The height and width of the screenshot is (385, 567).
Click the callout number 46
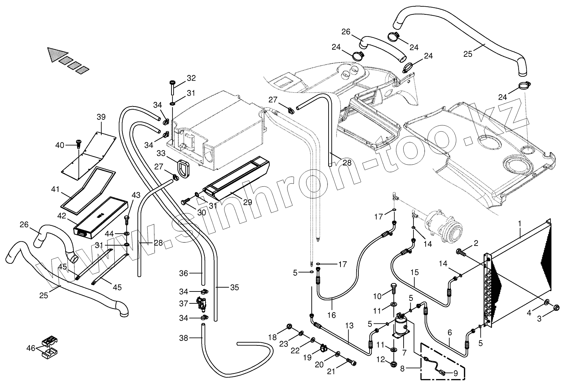click(31, 348)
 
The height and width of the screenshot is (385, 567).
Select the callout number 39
click(101, 117)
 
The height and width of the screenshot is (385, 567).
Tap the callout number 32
click(191, 78)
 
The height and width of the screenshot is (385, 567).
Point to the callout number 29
click(248, 202)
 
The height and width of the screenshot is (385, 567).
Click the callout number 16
click(331, 315)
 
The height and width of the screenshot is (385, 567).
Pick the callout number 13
click(349, 325)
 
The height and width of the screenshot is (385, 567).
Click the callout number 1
click(520, 222)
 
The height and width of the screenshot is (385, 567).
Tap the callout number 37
click(184, 304)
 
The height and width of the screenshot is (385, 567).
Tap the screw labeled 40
click(78, 144)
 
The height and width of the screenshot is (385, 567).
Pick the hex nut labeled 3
click(556, 308)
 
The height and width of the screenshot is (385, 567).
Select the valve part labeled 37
click(201, 303)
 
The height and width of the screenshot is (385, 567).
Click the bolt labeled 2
click(460, 252)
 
